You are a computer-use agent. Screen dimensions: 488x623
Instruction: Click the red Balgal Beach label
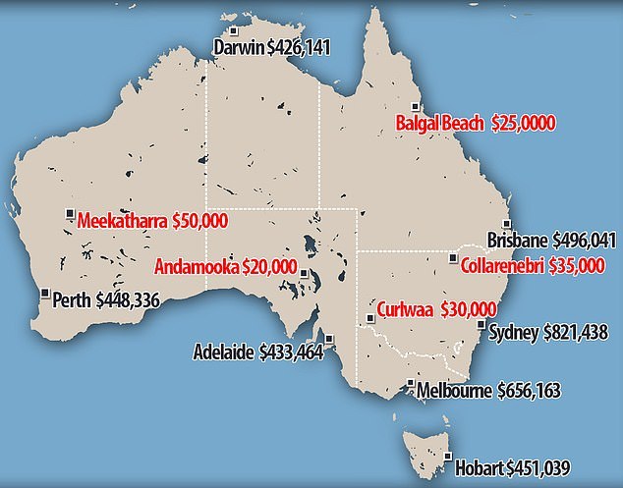point(437,125)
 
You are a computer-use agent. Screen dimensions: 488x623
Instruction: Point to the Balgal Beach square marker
point(415,107)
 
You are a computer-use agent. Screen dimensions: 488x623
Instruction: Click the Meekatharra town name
point(121,220)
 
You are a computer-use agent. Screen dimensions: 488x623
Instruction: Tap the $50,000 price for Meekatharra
point(199,220)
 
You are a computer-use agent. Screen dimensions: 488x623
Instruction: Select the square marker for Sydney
point(480,325)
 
